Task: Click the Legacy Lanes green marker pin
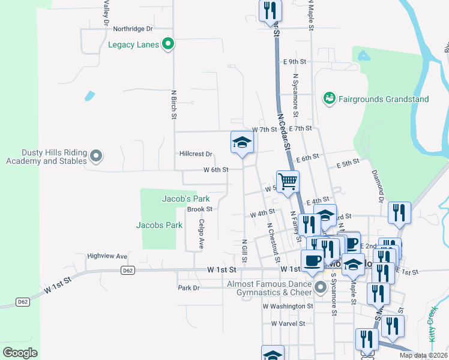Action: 169,44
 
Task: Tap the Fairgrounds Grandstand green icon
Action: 329,98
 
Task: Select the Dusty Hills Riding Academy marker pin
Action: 97,157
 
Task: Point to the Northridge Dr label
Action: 133,28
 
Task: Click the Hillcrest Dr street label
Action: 196,154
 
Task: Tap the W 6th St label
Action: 215,170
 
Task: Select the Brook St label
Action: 200,209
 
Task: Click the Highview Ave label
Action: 107,256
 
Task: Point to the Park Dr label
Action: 188,288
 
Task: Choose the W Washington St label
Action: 288,306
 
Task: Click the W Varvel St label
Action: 288,323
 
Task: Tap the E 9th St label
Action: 295,62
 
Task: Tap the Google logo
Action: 20,352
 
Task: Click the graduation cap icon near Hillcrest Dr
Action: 242,142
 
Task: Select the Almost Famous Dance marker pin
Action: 321,288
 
